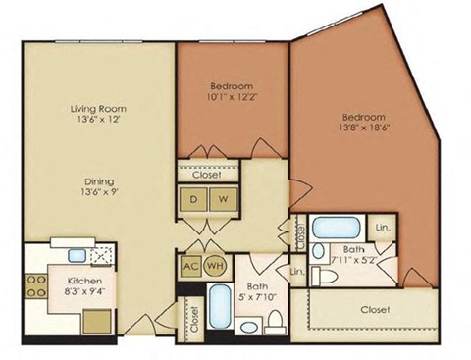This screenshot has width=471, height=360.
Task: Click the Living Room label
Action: click(97, 109)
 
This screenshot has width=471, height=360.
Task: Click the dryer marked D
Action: click(193, 198)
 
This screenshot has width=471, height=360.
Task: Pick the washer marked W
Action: click(223, 198)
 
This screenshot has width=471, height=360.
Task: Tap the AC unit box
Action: click(190, 265)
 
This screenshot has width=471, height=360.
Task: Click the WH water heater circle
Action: click(214, 265)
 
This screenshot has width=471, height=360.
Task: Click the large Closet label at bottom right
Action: click(375, 309)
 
